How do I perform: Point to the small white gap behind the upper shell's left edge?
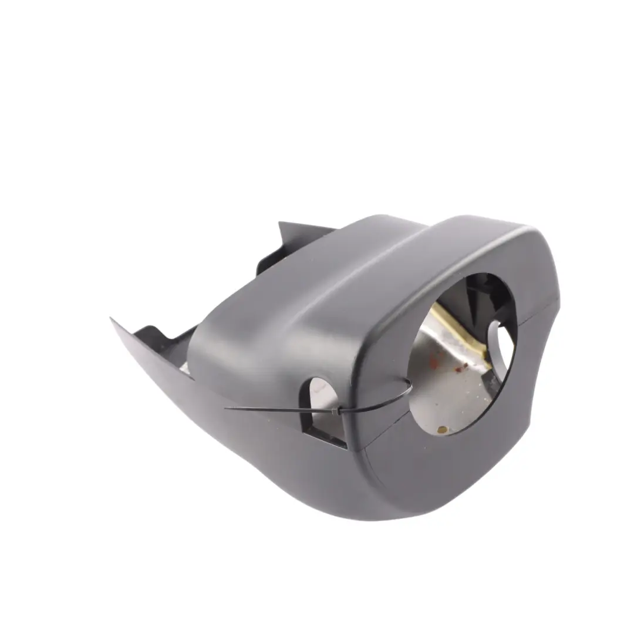coord(184,367)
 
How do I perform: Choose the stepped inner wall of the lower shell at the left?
coord(156,340)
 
